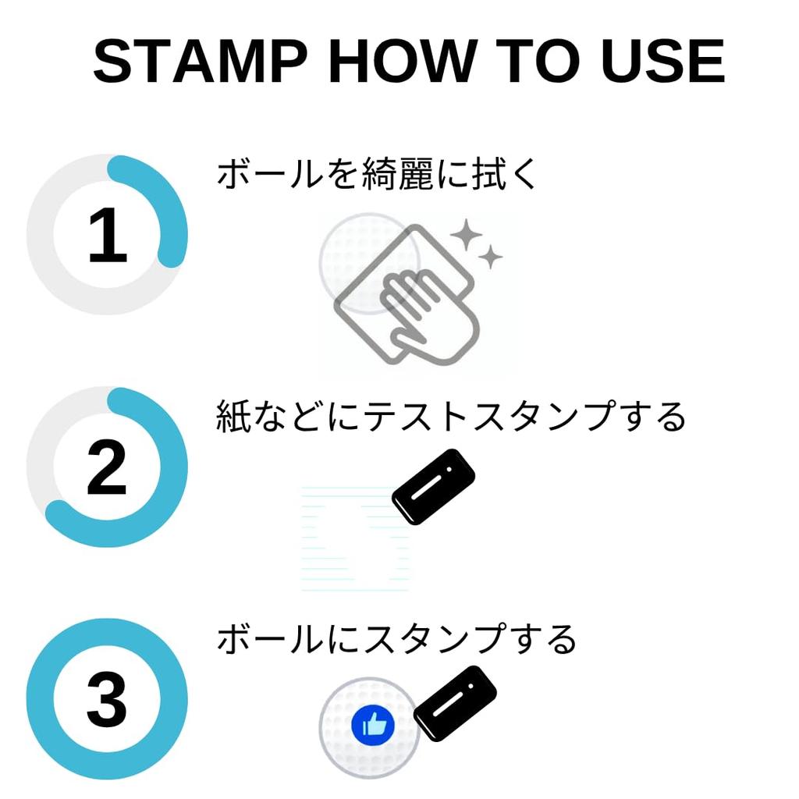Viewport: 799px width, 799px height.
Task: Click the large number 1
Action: click(x=107, y=235)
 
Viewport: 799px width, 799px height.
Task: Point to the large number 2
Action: click(x=107, y=467)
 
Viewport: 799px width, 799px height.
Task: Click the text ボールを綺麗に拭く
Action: click(x=378, y=174)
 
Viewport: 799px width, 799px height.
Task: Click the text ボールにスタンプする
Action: click(x=396, y=640)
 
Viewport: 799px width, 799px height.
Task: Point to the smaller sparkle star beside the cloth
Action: click(x=491, y=257)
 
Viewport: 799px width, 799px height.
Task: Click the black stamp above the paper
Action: click(x=433, y=486)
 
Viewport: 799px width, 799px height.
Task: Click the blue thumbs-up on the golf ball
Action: click(x=372, y=726)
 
